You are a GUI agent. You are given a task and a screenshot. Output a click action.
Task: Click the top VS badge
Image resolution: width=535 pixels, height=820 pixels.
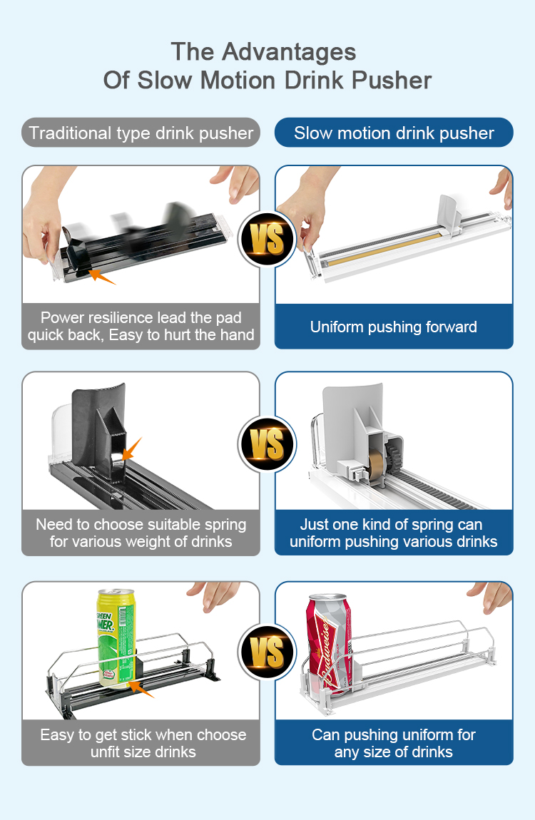(267, 239)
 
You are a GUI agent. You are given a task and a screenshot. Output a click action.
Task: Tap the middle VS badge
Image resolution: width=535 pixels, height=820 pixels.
(267, 444)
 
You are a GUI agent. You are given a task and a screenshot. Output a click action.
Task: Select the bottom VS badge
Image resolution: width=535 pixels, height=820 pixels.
(267, 652)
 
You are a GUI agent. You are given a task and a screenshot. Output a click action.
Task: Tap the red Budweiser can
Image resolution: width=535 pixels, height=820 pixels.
(328, 643)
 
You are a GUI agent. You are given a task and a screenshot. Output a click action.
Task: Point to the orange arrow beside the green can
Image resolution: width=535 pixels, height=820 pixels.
(141, 689)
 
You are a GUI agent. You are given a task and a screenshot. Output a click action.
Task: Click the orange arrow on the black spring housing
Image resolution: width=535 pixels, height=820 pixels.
(131, 449)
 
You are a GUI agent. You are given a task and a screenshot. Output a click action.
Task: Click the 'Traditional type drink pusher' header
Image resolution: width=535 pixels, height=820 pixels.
(141, 133)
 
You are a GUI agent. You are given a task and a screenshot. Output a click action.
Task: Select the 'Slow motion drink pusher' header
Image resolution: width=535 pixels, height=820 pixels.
(394, 133)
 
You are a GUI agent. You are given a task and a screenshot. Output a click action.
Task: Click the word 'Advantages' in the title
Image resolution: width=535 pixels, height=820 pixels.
(289, 53)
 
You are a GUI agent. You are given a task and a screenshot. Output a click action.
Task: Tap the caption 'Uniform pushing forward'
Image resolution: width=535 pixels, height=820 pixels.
(393, 327)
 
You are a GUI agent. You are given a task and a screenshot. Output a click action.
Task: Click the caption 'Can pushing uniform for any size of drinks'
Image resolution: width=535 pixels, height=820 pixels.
(393, 743)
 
